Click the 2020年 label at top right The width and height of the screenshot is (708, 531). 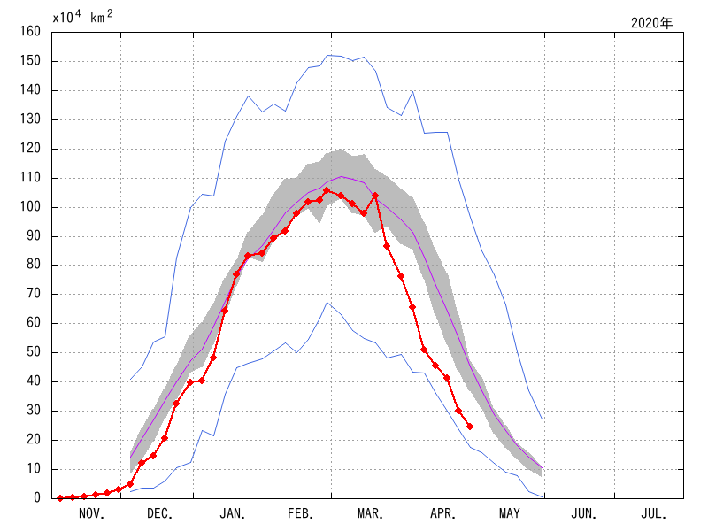click(x=652, y=23)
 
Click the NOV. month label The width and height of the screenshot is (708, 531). click(x=92, y=513)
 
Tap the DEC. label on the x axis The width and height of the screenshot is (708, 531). click(x=159, y=513)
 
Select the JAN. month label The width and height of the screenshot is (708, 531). click(x=233, y=513)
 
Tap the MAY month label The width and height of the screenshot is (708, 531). click(x=509, y=513)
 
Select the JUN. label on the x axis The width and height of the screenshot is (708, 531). click(x=581, y=513)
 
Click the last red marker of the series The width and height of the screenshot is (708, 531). click(x=470, y=427)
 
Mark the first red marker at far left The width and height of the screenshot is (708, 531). click(x=60, y=498)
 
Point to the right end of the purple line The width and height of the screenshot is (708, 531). click(x=542, y=467)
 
